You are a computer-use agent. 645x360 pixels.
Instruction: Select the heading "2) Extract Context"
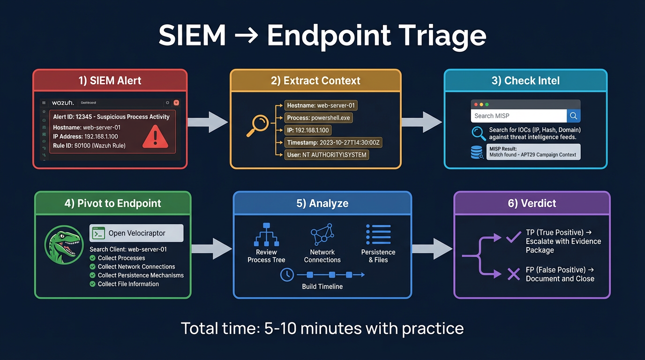coord(315,81)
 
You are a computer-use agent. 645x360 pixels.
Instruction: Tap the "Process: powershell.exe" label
coord(318,118)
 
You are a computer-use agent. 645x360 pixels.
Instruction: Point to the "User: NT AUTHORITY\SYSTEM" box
coord(327,154)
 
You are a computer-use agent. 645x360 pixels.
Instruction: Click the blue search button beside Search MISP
coord(573,116)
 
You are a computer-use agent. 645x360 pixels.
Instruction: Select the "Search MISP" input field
coord(518,116)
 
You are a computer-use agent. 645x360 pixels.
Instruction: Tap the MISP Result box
coord(533,152)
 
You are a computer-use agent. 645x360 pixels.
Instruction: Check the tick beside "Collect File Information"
coord(92,284)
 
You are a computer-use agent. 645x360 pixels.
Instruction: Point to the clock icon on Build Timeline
coord(286,275)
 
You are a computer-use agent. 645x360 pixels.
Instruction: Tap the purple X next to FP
coord(514,274)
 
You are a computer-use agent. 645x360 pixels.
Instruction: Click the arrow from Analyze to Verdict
coord(432,248)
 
